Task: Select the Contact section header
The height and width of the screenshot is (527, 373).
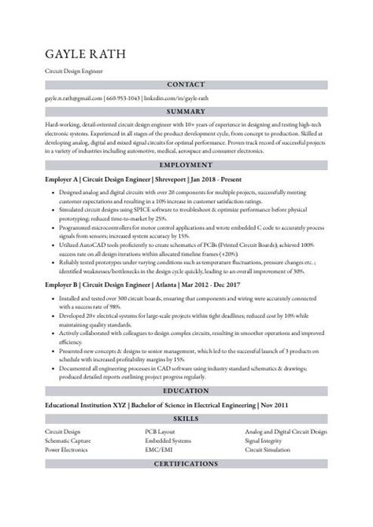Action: (x=186, y=84)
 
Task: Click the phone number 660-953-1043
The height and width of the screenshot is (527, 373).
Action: (x=123, y=98)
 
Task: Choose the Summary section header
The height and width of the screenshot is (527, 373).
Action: (x=186, y=112)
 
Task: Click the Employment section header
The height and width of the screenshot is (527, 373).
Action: (x=186, y=165)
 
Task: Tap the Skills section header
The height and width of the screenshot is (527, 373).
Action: (x=186, y=418)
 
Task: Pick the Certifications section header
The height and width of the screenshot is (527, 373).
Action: (x=186, y=464)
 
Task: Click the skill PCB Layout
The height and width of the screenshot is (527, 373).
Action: (x=161, y=432)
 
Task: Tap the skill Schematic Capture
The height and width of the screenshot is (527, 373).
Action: (x=68, y=440)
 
